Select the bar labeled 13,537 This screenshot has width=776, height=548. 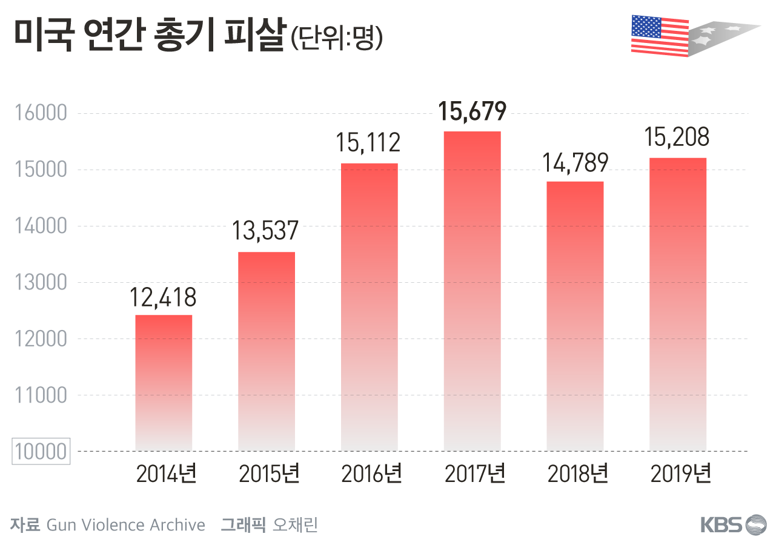click(267, 351)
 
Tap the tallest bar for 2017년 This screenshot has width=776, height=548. click(472, 291)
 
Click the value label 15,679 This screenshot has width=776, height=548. click(472, 111)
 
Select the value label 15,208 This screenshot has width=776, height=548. click(678, 138)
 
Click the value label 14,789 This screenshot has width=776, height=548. click(575, 162)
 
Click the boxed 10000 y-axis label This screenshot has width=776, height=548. click(41, 452)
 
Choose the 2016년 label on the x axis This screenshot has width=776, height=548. click(371, 474)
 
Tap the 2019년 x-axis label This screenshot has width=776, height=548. click(680, 474)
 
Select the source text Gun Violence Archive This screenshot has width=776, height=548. click(125, 524)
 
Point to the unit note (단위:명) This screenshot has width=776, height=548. click(337, 39)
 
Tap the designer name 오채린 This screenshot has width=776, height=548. click(295, 524)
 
